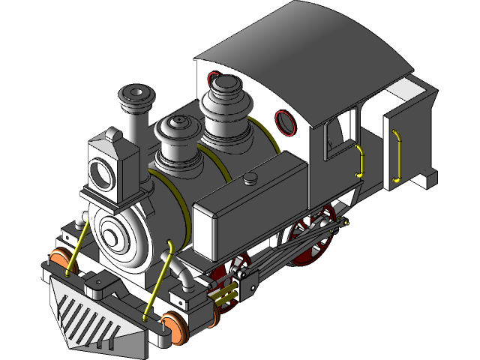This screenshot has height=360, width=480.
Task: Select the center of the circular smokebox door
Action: (112, 237)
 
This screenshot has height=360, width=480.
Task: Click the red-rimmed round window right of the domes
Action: (285, 121)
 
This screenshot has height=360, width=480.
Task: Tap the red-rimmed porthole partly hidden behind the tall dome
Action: (212, 78)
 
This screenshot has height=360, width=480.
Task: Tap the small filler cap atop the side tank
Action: (250, 177)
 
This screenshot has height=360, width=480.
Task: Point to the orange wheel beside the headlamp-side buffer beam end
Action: (58, 259)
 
